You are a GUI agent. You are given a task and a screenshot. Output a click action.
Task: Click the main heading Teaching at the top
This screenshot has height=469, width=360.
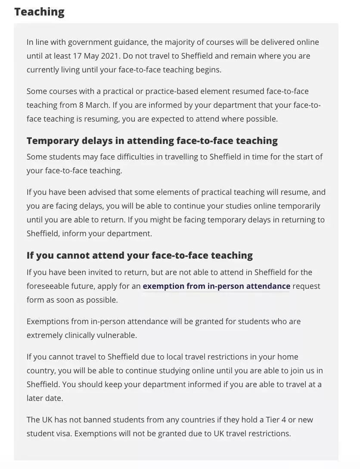coord(39,12)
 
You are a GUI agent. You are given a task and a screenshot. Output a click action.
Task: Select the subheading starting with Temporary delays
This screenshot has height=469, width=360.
coord(152,141)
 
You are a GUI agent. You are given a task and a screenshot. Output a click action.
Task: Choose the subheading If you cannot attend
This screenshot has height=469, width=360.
coord(140,255)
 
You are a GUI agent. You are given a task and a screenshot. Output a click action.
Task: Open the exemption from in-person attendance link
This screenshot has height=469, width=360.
coord(216,286)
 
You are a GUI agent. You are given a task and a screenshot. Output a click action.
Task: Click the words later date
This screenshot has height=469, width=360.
coord(45,398)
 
